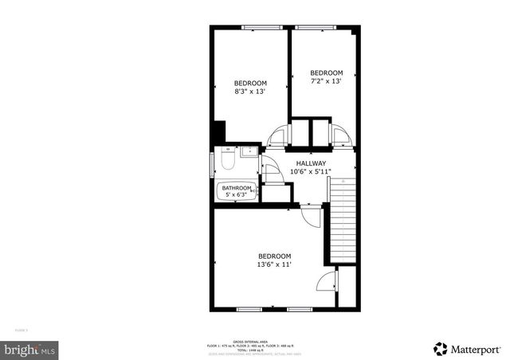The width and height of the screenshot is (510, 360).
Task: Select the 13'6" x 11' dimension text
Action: pos(273,264)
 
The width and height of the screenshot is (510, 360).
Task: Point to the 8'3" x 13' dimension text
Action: pos(249,92)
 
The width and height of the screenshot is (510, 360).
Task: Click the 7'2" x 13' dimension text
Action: pos(326,80)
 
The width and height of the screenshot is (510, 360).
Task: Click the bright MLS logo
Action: pos(30,349)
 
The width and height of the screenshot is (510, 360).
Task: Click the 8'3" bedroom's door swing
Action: pos(278,137)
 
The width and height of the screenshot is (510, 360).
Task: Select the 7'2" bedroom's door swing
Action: pos(341,135)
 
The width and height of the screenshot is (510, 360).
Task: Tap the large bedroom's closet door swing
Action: pos(326,281)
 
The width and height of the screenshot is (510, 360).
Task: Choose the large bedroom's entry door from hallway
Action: pos(311,215)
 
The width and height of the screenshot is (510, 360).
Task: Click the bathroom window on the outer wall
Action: pos(211,165)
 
